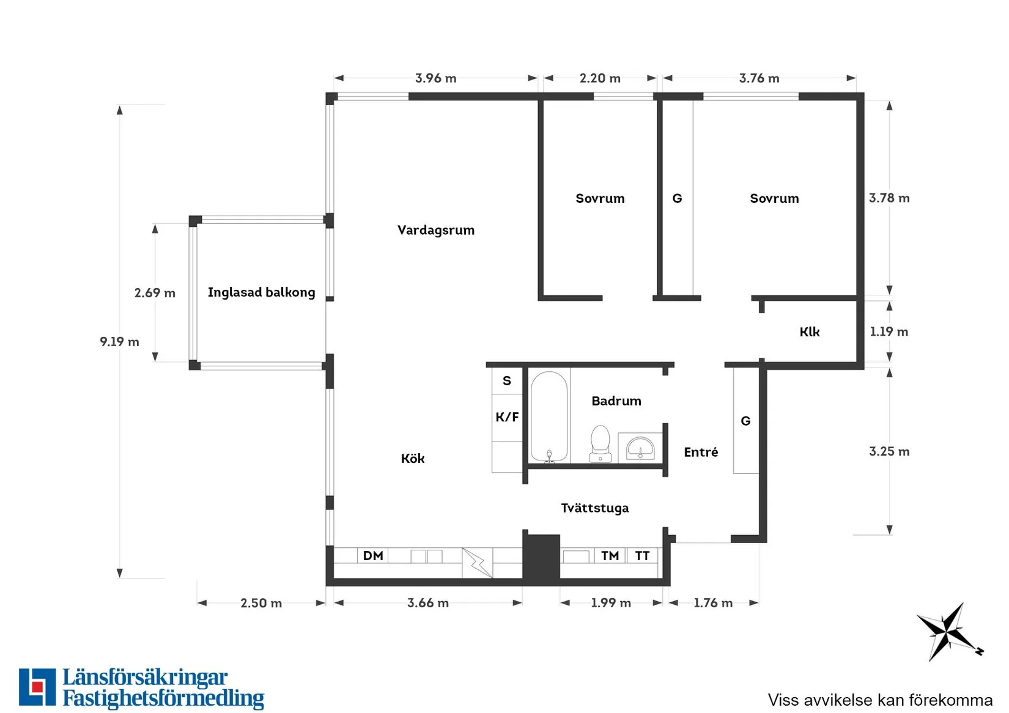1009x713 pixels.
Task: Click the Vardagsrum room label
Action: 435,230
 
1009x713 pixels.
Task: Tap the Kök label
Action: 413,458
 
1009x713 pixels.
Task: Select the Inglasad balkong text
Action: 261,292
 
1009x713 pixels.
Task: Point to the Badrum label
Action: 616,401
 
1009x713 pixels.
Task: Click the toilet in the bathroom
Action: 601,444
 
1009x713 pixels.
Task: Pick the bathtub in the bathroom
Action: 549,416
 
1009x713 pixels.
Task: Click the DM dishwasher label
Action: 373,556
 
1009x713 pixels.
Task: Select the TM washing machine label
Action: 610,556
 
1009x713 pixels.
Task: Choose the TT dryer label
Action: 642,556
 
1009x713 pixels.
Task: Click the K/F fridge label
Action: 507,417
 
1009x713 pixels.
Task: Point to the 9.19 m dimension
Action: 119,341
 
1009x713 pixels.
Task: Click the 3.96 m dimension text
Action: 435,78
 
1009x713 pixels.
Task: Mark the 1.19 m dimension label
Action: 889,331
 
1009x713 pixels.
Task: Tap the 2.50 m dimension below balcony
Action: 261,603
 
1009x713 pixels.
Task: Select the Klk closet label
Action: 810,332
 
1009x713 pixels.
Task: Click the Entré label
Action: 701,452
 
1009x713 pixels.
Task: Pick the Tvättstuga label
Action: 594,508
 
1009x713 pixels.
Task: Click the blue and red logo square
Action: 37,687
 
